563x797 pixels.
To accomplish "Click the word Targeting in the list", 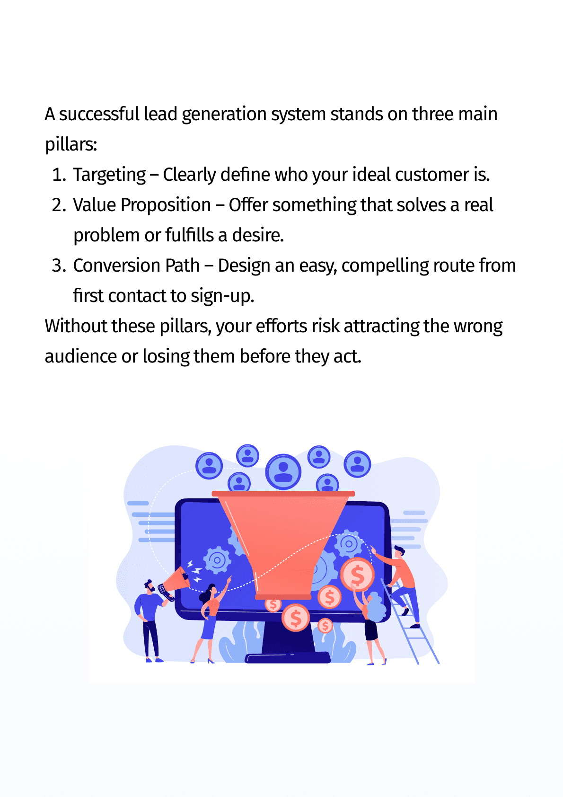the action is (x=109, y=175).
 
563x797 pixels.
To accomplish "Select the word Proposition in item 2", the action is (x=166, y=205).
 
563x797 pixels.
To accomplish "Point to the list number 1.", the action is (x=59, y=175).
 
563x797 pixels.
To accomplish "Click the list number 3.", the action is (x=59, y=266).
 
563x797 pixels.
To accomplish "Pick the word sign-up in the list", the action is (x=222, y=296).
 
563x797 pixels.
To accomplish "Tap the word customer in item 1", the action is (x=431, y=175).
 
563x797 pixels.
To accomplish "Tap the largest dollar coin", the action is (x=357, y=575).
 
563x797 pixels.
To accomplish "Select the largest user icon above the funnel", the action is (x=283, y=471).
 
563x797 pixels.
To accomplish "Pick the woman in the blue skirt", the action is (x=209, y=620).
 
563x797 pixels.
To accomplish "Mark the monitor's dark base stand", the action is (x=287, y=657).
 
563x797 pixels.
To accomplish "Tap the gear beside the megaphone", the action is (x=217, y=560).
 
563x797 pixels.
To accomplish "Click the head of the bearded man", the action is (x=150, y=586).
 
